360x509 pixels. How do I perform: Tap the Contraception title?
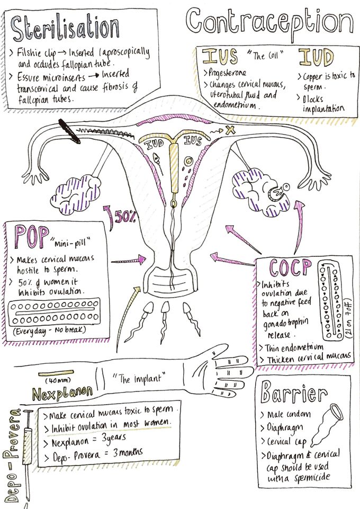[269, 22]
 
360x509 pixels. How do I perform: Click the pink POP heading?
[32, 237]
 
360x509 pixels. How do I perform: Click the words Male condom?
[289, 414]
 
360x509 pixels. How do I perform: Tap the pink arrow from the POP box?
[129, 260]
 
